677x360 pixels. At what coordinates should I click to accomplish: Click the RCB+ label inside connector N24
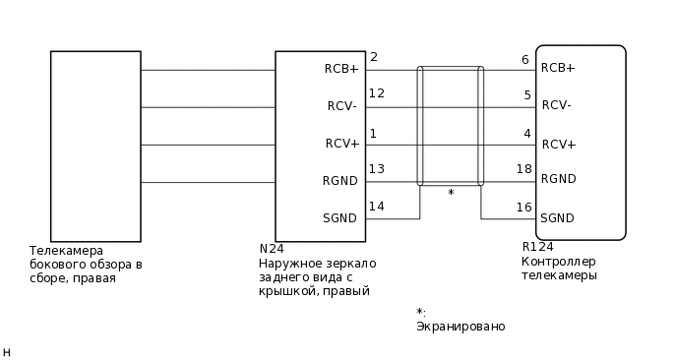coord(341,69)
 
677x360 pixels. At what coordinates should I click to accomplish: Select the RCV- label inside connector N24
coord(341,106)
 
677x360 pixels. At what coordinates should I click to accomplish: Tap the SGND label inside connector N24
coord(340,218)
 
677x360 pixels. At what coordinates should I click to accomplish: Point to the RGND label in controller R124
coord(558,179)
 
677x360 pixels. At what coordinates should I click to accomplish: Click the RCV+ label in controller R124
coord(558,144)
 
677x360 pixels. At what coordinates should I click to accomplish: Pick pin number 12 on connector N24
coord(376,93)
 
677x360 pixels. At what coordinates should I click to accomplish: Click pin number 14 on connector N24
coord(376,206)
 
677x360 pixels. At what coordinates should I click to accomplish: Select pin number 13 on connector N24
coord(376,169)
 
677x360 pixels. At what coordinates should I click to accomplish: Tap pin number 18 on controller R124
coord(523,169)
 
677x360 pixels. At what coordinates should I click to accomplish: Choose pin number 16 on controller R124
coord(523,207)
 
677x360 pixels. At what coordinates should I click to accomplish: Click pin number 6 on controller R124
coord(526,60)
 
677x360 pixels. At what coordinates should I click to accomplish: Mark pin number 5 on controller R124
coord(526,95)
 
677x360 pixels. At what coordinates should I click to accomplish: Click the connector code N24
coord(272,250)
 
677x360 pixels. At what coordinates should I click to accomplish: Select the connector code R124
coord(537,247)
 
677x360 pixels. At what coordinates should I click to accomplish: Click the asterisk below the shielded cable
coord(451,194)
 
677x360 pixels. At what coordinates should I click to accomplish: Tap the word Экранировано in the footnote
coord(461,327)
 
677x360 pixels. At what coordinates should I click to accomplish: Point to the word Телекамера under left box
coord(66,251)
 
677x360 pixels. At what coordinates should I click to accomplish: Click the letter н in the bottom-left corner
coord(7,351)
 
